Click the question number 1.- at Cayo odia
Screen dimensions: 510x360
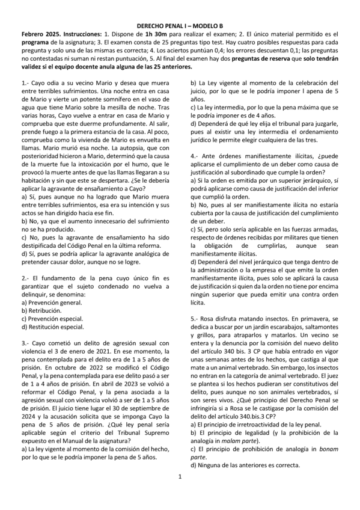point(25,82)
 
